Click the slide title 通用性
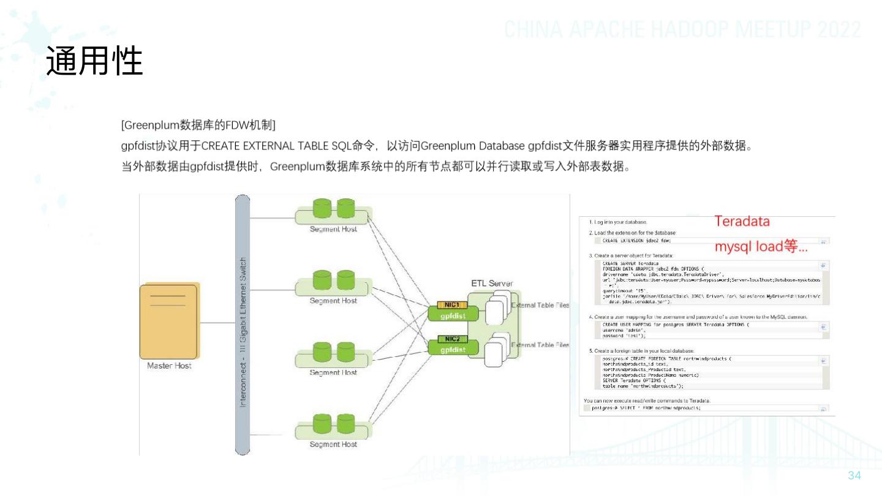(x=95, y=61)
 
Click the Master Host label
(x=169, y=366)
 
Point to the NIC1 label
(x=452, y=305)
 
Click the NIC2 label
(x=452, y=339)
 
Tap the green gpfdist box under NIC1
(x=452, y=315)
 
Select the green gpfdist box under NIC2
(x=452, y=350)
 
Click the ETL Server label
(x=492, y=284)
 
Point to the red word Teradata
(x=742, y=222)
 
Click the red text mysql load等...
(x=761, y=247)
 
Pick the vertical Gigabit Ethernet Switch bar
(x=243, y=325)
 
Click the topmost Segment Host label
(x=333, y=228)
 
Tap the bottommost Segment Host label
(x=333, y=444)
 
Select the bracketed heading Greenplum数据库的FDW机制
(x=198, y=126)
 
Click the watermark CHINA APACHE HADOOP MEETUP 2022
(x=683, y=29)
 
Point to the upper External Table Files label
(x=540, y=305)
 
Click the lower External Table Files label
(x=540, y=345)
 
